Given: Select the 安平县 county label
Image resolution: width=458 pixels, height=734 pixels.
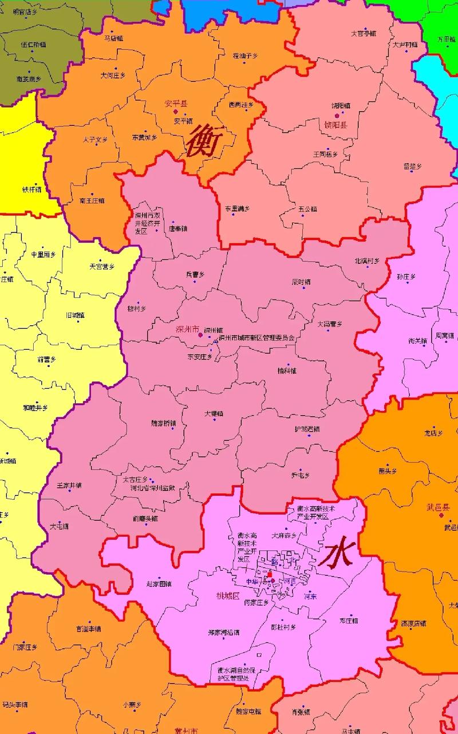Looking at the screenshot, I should click(176, 104).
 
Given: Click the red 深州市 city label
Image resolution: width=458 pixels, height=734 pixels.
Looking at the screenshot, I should click(187, 330).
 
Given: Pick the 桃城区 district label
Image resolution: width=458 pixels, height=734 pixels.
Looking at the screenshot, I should click(227, 595).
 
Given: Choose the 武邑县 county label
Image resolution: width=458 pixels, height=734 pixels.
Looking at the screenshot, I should click(439, 507).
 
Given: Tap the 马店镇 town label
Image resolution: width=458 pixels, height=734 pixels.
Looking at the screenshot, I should click(114, 38).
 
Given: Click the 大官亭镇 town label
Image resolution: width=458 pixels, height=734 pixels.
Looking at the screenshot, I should click(364, 33).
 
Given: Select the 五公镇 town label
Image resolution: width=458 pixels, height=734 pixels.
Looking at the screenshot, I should click(307, 209).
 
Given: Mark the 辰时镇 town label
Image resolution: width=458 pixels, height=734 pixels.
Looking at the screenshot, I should click(301, 282).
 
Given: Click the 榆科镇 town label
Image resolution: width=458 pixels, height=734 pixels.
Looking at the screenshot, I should click(286, 370).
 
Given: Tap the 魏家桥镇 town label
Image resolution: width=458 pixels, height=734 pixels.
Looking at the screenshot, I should click(164, 424).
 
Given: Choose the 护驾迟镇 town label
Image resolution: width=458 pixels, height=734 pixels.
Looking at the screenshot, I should click(307, 429).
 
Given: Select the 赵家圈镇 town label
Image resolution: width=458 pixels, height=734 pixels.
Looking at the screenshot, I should click(159, 584).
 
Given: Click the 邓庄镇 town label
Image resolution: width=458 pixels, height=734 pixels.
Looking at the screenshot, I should click(349, 621).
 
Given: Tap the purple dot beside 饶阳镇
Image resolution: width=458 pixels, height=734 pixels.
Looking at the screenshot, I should click(337, 115).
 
